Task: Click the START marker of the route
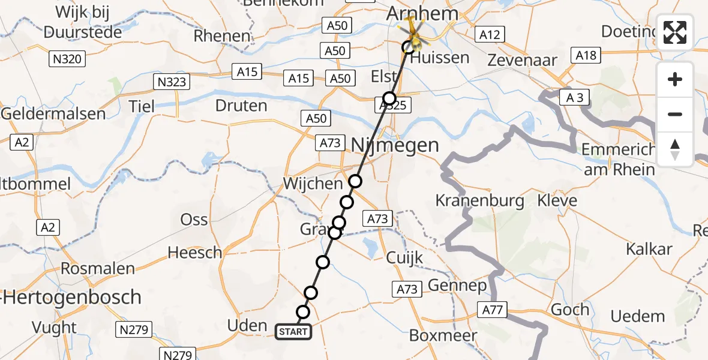[x=293, y=332]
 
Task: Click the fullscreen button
[x=675, y=32]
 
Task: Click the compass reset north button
[x=675, y=149]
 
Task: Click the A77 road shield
[x=493, y=310]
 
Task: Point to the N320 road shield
[x=67, y=59]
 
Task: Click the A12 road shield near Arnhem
[x=489, y=35]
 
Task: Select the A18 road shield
[x=586, y=55]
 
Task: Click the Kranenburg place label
[x=480, y=200]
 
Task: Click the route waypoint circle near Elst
[x=389, y=98]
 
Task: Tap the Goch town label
[x=569, y=310]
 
